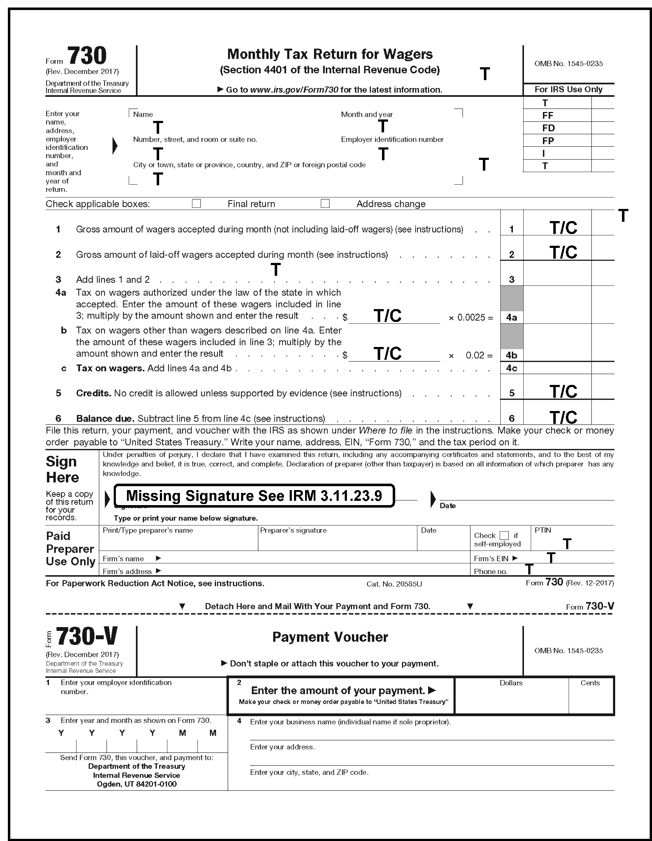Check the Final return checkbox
click(196, 203)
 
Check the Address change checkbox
click(325, 203)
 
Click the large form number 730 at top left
click(87, 56)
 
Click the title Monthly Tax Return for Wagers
click(330, 54)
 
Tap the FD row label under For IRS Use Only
click(549, 128)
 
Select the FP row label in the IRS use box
click(548, 141)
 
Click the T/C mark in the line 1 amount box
click(563, 228)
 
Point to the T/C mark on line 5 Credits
click(563, 392)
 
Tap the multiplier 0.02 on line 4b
click(475, 356)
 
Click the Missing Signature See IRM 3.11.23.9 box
click(254, 496)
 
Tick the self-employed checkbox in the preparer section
click(504, 536)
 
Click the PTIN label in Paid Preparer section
click(543, 530)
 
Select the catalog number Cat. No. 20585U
click(394, 584)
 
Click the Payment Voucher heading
click(330, 637)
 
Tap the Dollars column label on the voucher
click(511, 683)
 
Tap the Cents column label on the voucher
click(590, 683)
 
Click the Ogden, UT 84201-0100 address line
click(137, 784)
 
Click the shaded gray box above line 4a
click(511, 298)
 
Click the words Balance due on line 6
click(105, 419)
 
